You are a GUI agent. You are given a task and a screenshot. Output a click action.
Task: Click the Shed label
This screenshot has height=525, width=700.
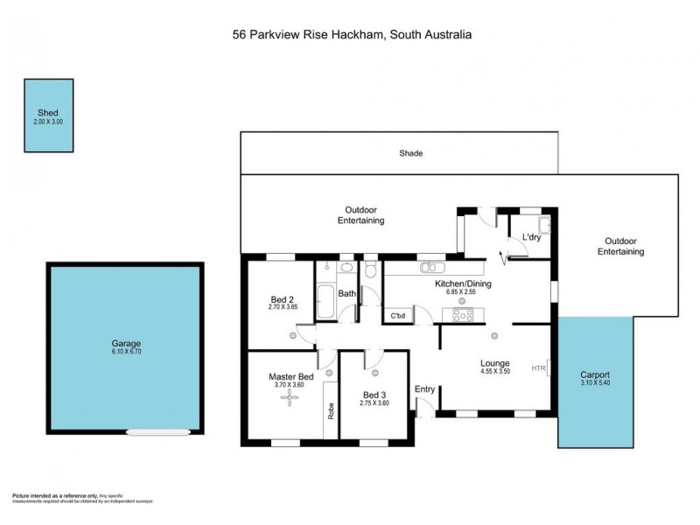pyautogui.click(x=47, y=113)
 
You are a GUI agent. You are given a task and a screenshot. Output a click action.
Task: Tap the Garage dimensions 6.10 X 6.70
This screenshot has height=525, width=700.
pyautogui.click(x=125, y=352)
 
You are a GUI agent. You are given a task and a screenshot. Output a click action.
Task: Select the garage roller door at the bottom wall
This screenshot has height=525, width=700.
pyautogui.click(x=157, y=430)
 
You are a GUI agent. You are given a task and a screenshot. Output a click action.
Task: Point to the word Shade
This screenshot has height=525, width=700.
pyautogui.click(x=411, y=153)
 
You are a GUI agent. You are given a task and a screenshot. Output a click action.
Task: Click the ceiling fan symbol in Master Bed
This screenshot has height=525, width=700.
pyautogui.click(x=290, y=398)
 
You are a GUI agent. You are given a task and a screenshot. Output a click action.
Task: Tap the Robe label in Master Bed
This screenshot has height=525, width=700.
pyautogui.click(x=331, y=410)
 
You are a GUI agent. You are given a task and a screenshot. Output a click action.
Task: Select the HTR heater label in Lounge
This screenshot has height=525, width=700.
pyautogui.click(x=538, y=368)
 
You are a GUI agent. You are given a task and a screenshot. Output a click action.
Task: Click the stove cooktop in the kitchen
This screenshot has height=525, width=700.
pyautogui.click(x=463, y=315)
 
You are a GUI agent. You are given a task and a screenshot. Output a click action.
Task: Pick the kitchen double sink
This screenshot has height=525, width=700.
pyautogui.click(x=431, y=268)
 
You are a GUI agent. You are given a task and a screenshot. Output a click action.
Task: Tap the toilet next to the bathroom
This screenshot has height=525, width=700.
pyautogui.click(x=372, y=270)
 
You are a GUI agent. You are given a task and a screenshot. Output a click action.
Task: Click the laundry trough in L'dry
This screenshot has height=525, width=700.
pyautogui.click(x=542, y=222)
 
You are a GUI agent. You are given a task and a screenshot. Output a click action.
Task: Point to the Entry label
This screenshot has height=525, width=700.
pyautogui.click(x=425, y=389)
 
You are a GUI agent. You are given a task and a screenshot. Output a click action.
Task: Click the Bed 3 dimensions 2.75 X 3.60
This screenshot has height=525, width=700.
pyautogui.click(x=374, y=403)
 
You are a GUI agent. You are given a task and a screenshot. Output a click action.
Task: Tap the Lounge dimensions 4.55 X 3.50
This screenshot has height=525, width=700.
pyautogui.click(x=494, y=372)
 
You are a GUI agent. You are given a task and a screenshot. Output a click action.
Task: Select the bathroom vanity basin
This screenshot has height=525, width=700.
pyautogui.click(x=346, y=268)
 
